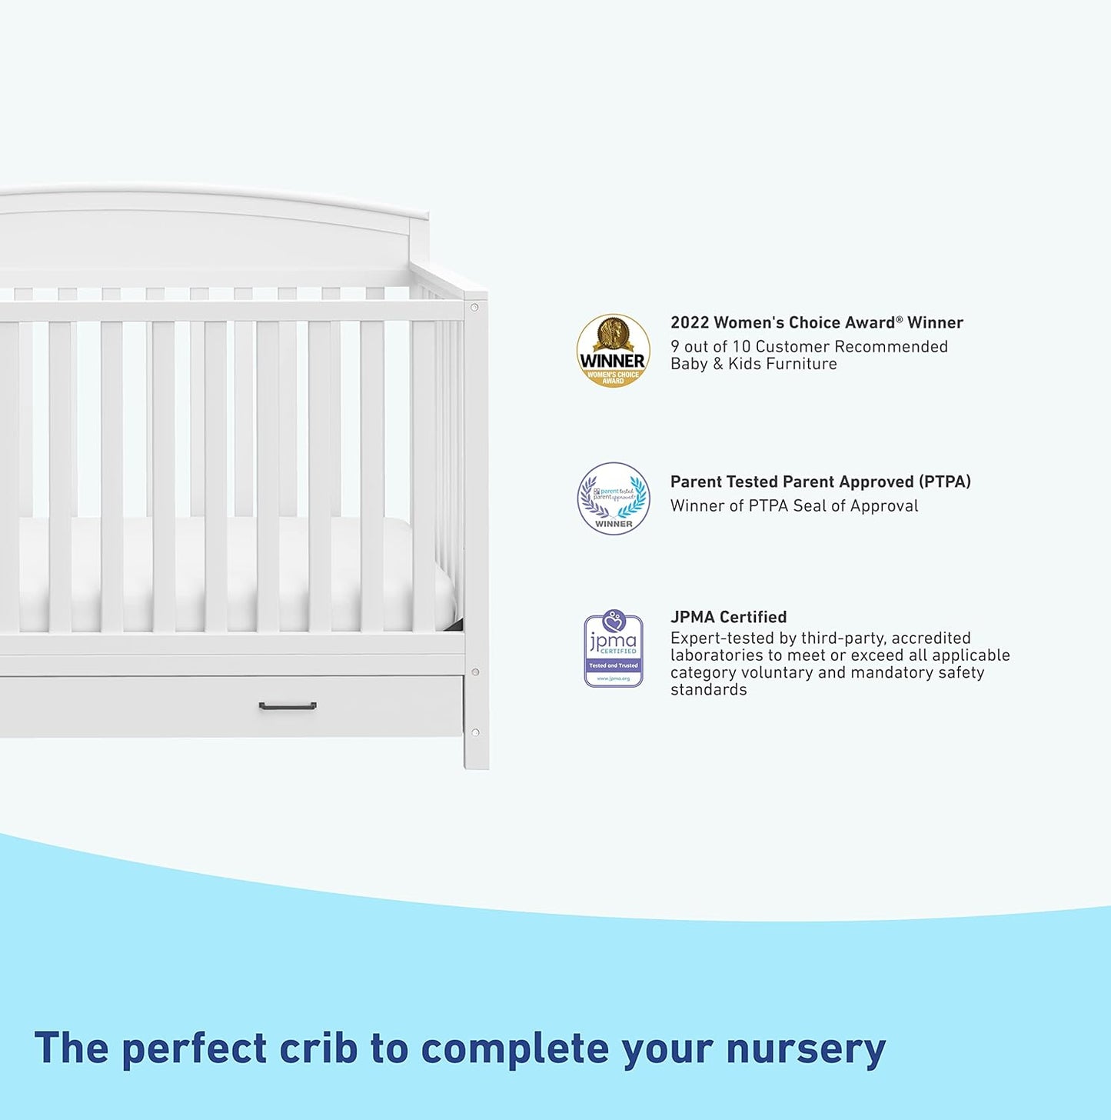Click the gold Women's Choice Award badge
(x=613, y=350)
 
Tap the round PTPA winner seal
(x=613, y=498)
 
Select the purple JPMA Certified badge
(x=613, y=648)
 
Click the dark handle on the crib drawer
(x=288, y=706)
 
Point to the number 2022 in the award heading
(x=690, y=323)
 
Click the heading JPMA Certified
(x=728, y=617)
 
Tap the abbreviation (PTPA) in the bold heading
(x=945, y=482)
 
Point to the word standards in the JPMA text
(x=708, y=690)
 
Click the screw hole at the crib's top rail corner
(x=474, y=307)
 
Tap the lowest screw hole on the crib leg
(x=475, y=732)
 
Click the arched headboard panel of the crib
(x=208, y=238)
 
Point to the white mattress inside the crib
(x=231, y=569)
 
